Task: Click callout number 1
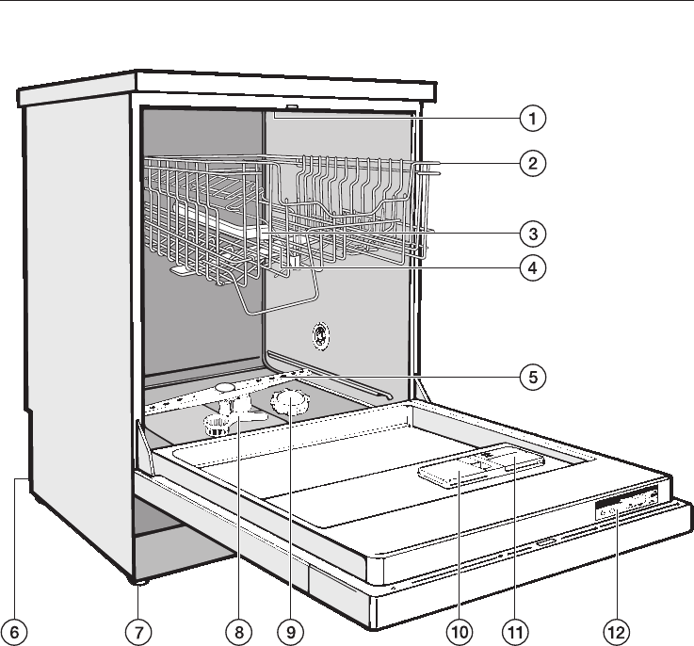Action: click(x=532, y=120)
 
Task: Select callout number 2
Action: click(x=532, y=163)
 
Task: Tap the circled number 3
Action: click(x=532, y=232)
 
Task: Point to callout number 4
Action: click(x=532, y=266)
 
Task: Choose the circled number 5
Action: click(x=532, y=378)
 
